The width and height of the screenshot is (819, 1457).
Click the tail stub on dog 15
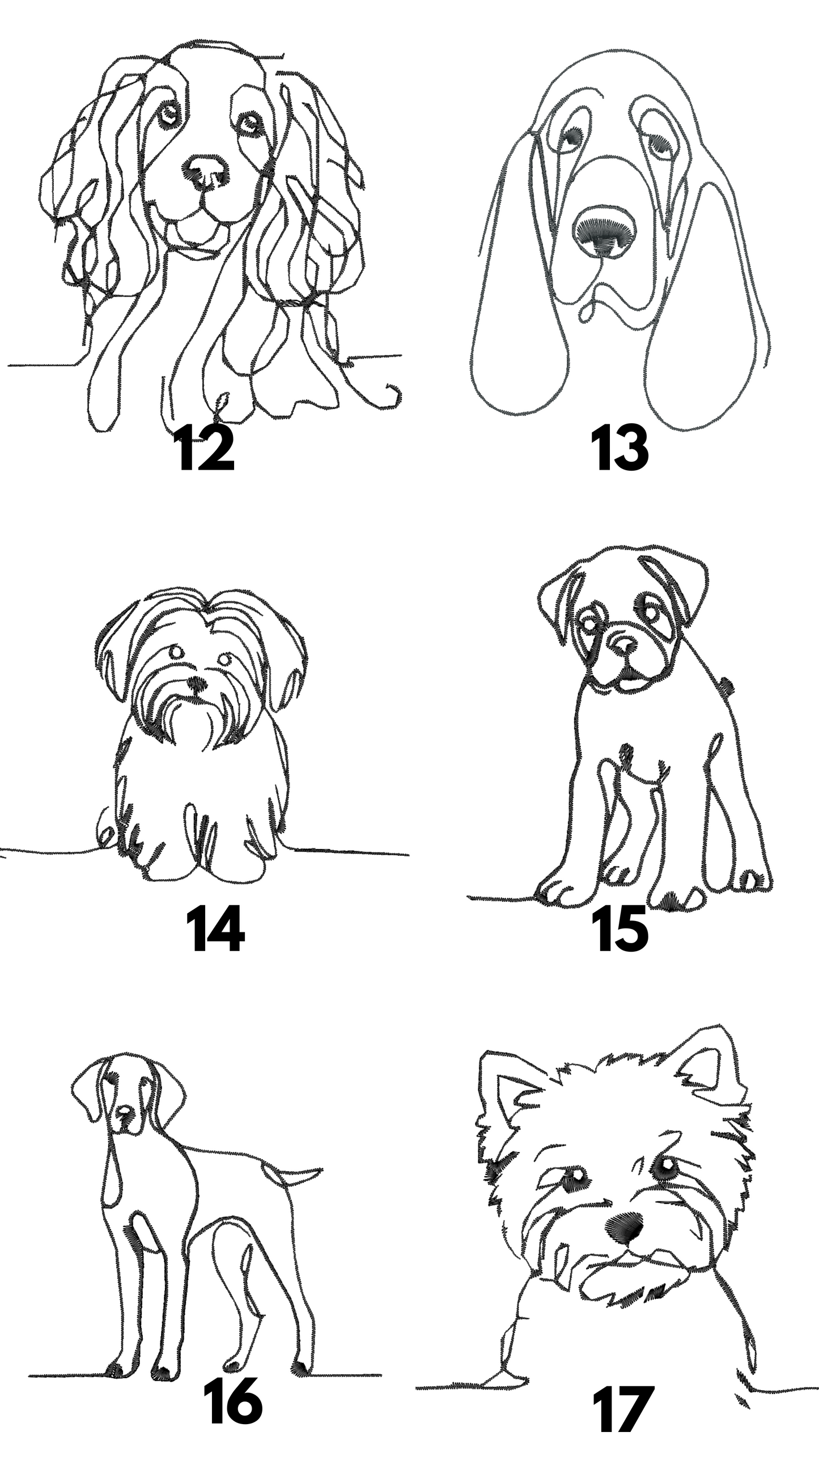(x=729, y=688)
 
